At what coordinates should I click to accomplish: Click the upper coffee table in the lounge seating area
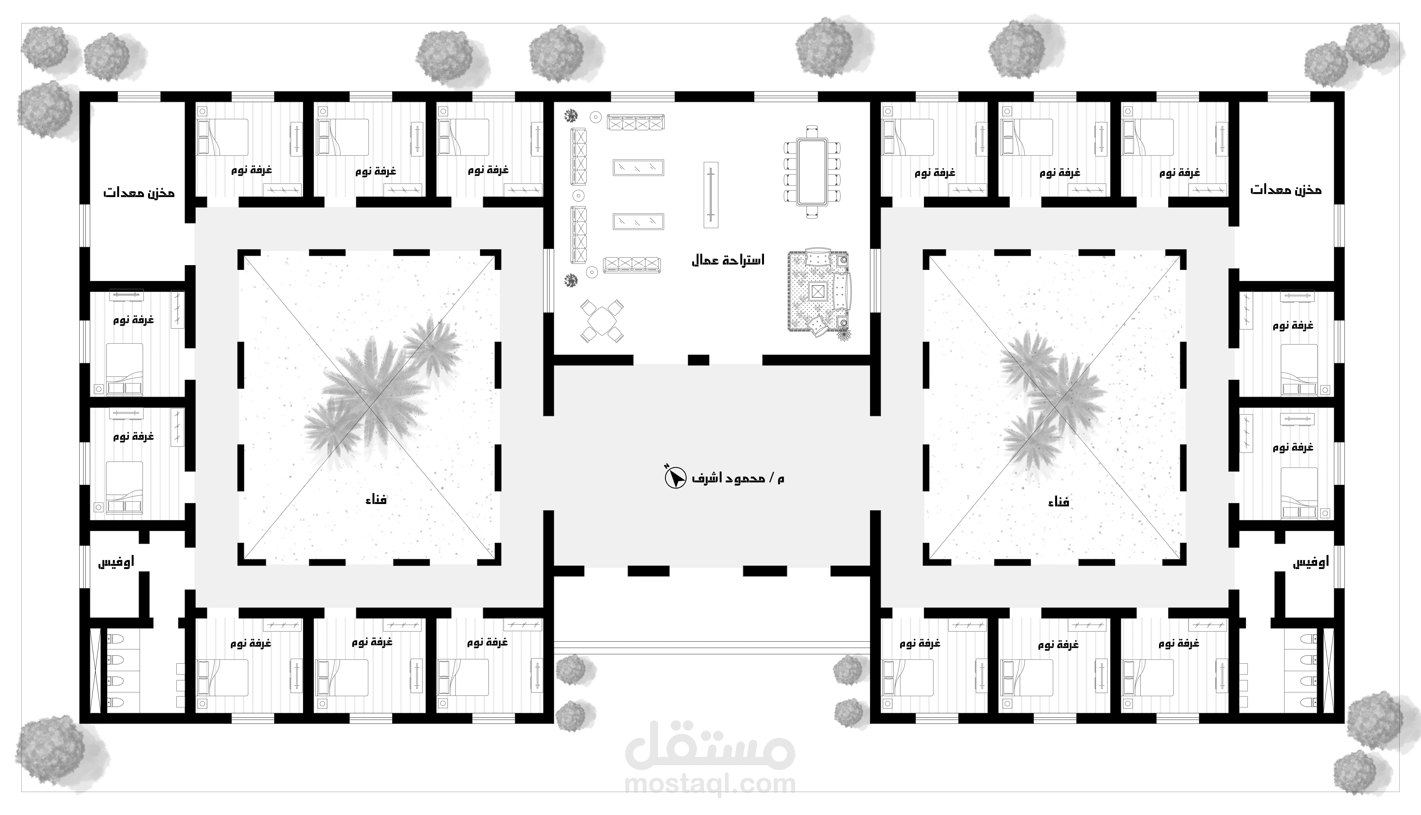(x=638, y=168)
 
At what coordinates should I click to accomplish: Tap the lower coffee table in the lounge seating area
(x=638, y=222)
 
